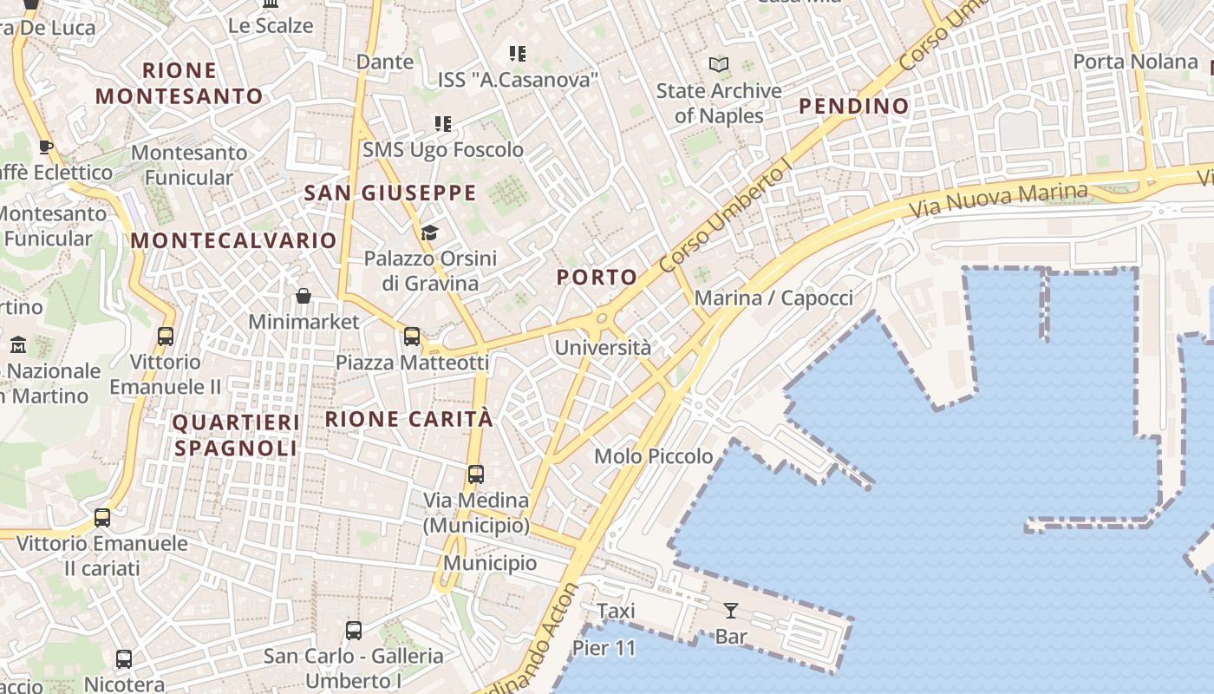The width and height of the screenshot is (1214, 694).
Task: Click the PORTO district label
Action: (597, 278)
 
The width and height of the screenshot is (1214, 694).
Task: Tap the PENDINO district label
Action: (853, 107)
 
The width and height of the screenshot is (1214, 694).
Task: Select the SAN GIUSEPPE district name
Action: (390, 193)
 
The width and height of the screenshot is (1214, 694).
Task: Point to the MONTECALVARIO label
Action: (233, 240)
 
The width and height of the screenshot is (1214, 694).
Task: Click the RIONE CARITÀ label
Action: (408, 420)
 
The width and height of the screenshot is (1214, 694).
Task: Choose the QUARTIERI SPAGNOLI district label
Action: (237, 435)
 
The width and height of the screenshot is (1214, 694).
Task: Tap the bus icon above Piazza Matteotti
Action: (412, 337)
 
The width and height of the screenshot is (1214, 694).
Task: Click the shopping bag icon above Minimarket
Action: (303, 297)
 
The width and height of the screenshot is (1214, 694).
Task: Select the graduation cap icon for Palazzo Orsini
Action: (429, 232)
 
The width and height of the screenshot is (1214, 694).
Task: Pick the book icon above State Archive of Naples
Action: (719, 64)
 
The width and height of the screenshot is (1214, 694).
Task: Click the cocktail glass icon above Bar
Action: (731, 611)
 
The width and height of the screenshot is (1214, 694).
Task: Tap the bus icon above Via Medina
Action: (476, 475)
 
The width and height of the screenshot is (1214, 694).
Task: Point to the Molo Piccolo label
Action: (653, 456)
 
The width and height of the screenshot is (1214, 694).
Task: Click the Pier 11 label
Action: (604, 648)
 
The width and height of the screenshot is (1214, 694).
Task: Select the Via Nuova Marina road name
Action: (998, 200)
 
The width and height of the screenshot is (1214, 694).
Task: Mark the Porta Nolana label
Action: (1135, 62)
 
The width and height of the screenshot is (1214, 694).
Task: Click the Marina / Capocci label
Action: (773, 298)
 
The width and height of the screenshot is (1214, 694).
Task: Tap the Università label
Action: (602, 348)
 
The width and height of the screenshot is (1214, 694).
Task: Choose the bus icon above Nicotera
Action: (124, 659)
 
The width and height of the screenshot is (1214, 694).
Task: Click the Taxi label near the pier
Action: (616, 612)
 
